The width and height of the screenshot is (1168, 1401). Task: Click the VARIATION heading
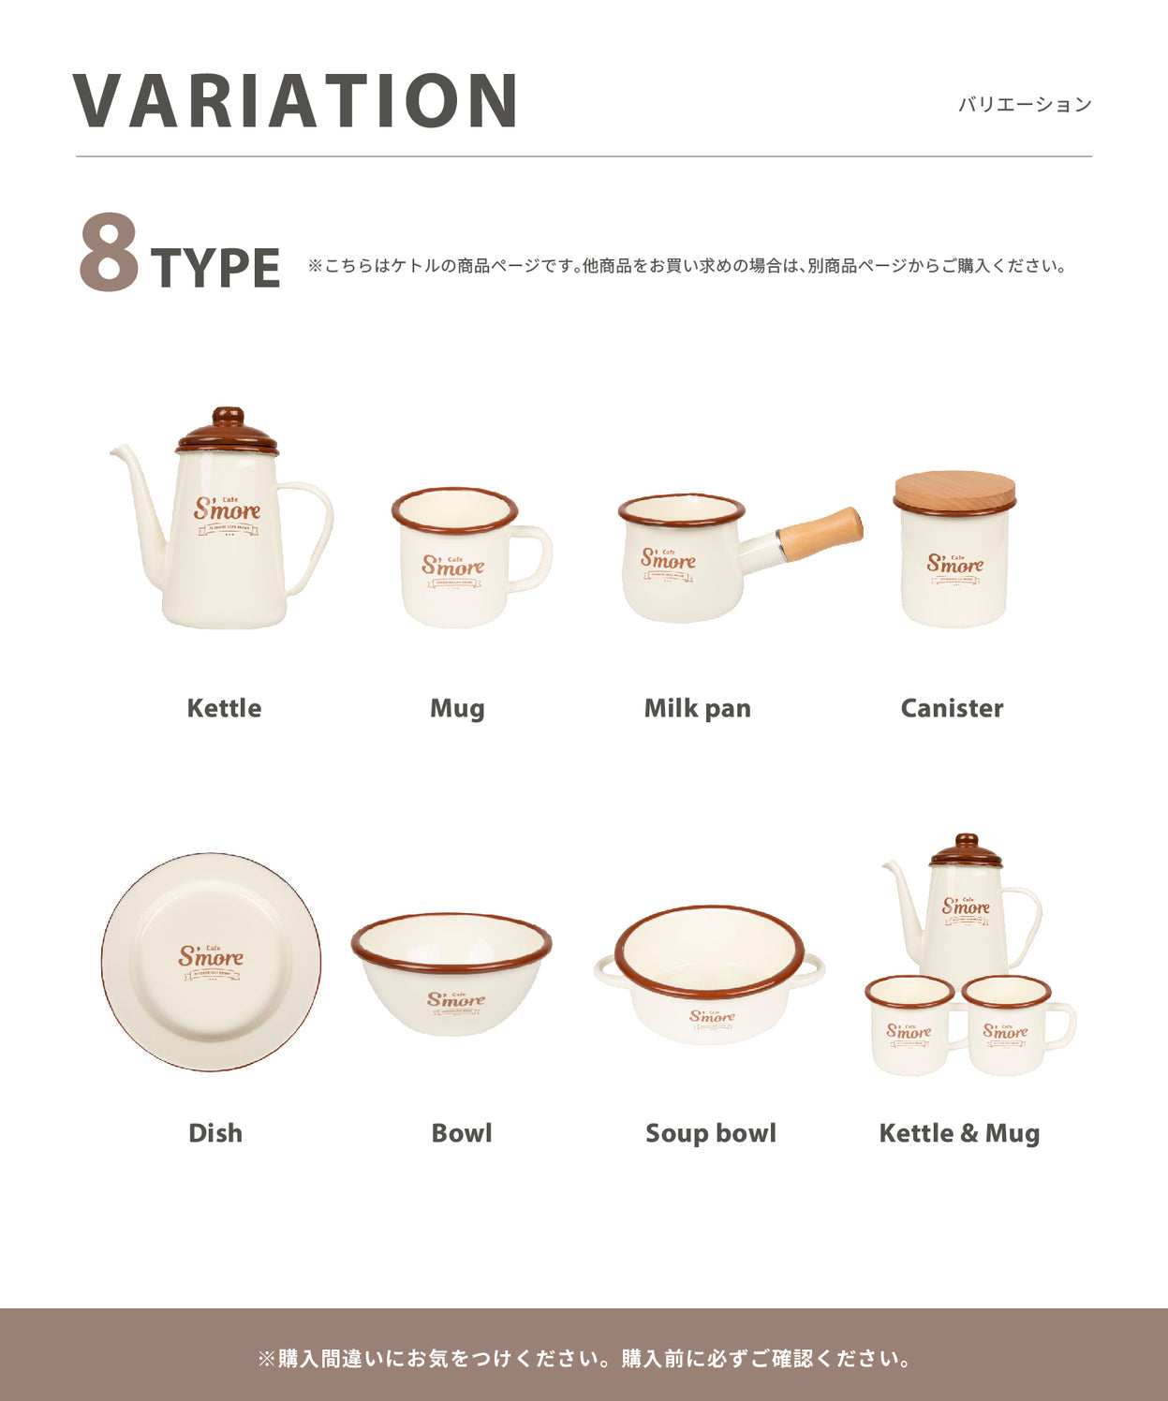pos(295,100)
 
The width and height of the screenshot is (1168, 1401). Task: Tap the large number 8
pos(109,253)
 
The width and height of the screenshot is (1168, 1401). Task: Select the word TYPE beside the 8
pos(215,269)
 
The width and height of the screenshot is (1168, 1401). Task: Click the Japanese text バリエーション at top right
pos(1025,105)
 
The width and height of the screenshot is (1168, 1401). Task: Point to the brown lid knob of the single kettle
pos(228,415)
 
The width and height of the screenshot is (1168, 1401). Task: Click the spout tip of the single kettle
pos(115,451)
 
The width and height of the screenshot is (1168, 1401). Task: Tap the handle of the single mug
pos(537,558)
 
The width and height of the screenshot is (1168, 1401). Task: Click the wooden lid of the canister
pos(954,492)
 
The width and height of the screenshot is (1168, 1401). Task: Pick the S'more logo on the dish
pos(211,957)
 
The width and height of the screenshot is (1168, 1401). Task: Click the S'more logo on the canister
pos(955,564)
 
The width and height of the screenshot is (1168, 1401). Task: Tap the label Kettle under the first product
pos(224,708)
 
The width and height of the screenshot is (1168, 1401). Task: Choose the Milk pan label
pos(697,708)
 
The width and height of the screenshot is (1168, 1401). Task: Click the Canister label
pos(952,708)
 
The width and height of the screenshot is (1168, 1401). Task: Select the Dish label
pos(215,1133)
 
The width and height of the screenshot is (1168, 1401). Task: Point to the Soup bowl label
pos(711,1133)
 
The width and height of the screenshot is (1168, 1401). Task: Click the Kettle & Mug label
pos(959,1133)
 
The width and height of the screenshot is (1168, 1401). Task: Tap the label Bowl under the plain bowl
pos(462,1133)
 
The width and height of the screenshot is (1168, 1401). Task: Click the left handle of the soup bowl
pos(605,970)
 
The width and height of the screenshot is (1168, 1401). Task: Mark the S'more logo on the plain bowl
pos(456,999)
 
